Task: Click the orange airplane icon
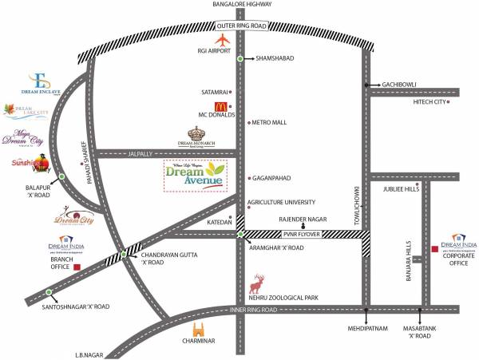point(223,41)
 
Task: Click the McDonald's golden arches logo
point(216,106)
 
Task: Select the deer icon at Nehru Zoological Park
point(257,283)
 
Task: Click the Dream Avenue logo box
point(195,175)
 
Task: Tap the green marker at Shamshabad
point(240,58)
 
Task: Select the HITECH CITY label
point(428,102)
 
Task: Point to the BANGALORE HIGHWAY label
point(239,5)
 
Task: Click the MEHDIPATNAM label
point(366,326)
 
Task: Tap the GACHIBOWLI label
point(402,83)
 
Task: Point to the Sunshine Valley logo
point(27,165)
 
